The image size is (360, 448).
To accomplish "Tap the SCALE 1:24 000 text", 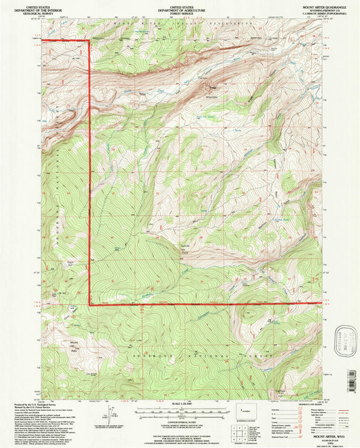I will [180, 403].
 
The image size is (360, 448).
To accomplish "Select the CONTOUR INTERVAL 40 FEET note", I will [180, 418].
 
